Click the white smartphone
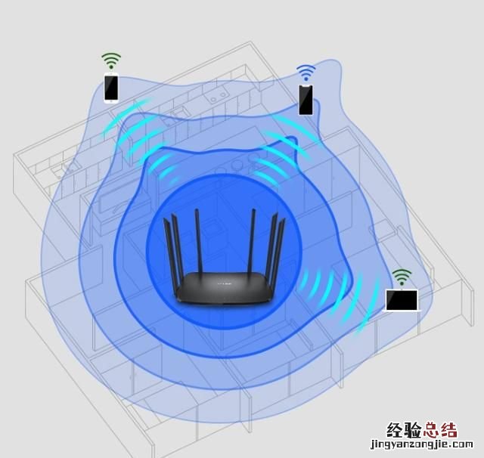point(111,88)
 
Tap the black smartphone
point(306,100)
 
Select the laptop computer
point(402,300)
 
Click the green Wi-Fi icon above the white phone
point(111,60)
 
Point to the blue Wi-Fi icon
point(306,73)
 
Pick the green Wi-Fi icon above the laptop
point(402,277)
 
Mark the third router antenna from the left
point(198,240)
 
